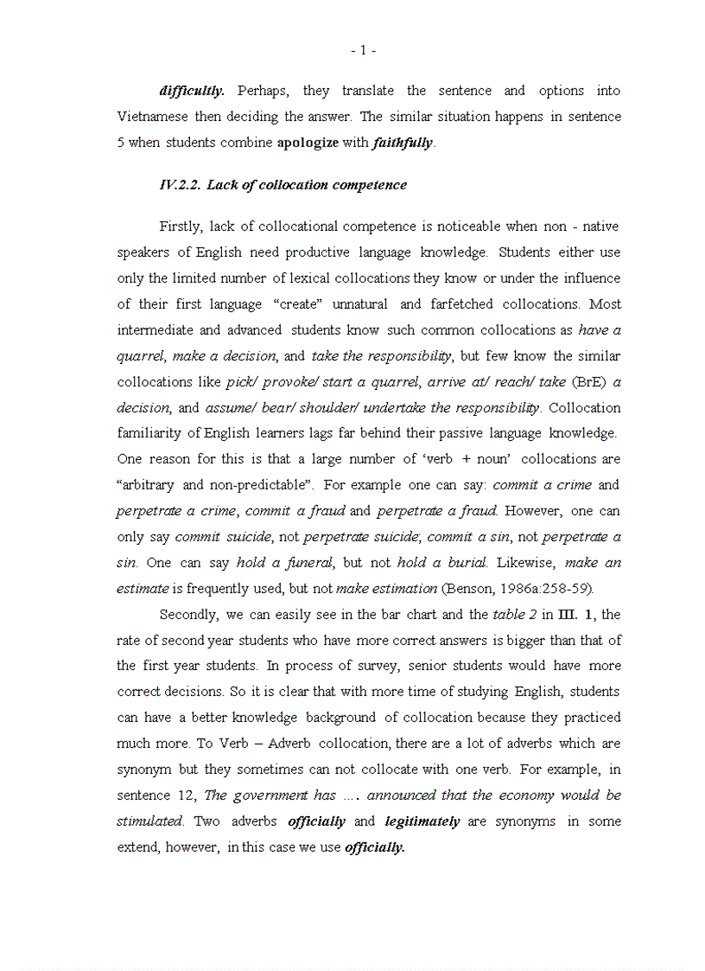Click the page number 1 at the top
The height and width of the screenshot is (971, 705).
(x=363, y=51)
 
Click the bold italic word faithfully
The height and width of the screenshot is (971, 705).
(x=403, y=143)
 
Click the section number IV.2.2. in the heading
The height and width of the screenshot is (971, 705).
(x=180, y=185)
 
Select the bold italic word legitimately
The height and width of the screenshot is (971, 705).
(x=422, y=821)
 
